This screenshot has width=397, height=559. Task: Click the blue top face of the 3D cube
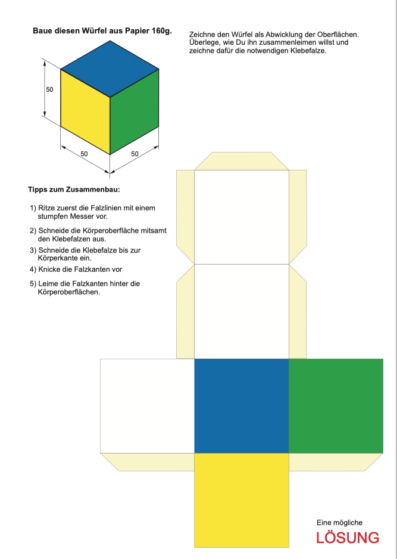[x=110, y=69]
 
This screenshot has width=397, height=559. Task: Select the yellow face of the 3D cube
[x=85, y=111]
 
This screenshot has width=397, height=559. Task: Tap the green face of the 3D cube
[x=135, y=111]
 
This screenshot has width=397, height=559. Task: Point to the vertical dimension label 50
[x=49, y=89]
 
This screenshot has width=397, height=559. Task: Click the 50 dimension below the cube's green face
[x=135, y=154]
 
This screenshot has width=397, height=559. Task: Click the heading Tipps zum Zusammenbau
[x=74, y=190]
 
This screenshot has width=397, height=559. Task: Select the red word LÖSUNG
[x=348, y=538]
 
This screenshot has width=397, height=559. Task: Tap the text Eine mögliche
[x=339, y=523]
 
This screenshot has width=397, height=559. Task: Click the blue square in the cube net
[x=242, y=406]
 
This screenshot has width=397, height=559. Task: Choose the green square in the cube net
[x=336, y=406]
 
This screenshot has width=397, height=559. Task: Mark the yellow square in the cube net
[x=242, y=500]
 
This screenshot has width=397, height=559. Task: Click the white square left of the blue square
[x=148, y=406]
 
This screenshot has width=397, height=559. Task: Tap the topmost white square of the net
[x=242, y=217]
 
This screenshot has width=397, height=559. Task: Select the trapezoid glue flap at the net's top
[x=242, y=161]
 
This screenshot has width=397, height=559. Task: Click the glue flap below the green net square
[x=336, y=462]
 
